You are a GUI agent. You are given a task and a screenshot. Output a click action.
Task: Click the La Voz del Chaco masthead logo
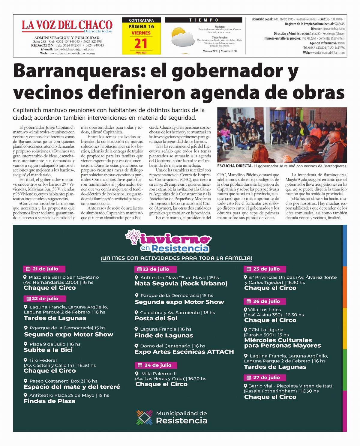[x=67, y=25]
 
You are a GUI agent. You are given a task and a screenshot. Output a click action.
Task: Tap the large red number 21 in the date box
[x=141, y=44]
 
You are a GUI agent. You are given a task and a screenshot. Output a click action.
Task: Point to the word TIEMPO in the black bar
[x=204, y=20]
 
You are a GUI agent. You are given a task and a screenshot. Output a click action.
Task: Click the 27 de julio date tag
[x=265, y=377]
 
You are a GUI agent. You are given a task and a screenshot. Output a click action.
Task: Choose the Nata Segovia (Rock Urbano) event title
[x=181, y=283]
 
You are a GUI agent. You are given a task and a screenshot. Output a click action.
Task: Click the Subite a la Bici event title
[x=48, y=350]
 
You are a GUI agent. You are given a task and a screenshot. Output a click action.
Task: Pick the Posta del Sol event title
[x=156, y=318]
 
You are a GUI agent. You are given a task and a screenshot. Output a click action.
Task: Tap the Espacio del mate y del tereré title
[x=72, y=387]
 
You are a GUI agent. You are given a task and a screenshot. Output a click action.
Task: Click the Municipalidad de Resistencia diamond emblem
[x=145, y=417]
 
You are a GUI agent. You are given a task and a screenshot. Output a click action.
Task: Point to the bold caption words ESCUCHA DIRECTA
[x=235, y=166]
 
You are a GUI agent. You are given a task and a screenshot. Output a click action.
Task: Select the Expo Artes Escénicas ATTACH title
[x=184, y=352]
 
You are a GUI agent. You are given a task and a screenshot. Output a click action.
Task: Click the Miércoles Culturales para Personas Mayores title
[x=282, y=343]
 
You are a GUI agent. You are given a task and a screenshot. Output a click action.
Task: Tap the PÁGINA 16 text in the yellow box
[x=141, y=26]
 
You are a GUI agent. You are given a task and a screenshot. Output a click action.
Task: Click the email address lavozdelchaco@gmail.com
[x=73, y=49]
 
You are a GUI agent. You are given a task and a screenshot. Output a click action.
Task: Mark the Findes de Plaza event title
[x=49, y=401]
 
